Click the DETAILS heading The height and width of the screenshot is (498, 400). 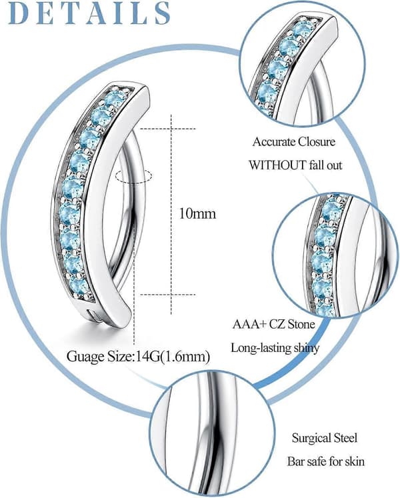coord(89,13)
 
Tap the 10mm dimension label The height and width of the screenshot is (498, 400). coord(197,213)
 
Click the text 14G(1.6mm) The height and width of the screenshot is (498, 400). coord(173,357)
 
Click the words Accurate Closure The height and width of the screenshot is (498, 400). coord(294,141)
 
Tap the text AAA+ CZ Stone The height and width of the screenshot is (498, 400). coord(273,324)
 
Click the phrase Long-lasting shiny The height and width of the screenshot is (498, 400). coord(275,348)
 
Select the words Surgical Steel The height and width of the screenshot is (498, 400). coord(325,438)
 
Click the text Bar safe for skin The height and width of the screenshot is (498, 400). coord(326,461)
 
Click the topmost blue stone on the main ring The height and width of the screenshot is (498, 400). coord(115,99)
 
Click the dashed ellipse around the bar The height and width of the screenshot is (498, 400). coord(134,176)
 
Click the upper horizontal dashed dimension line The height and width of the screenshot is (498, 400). coord(168,129)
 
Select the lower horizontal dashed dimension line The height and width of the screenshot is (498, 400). coord(168,295)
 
